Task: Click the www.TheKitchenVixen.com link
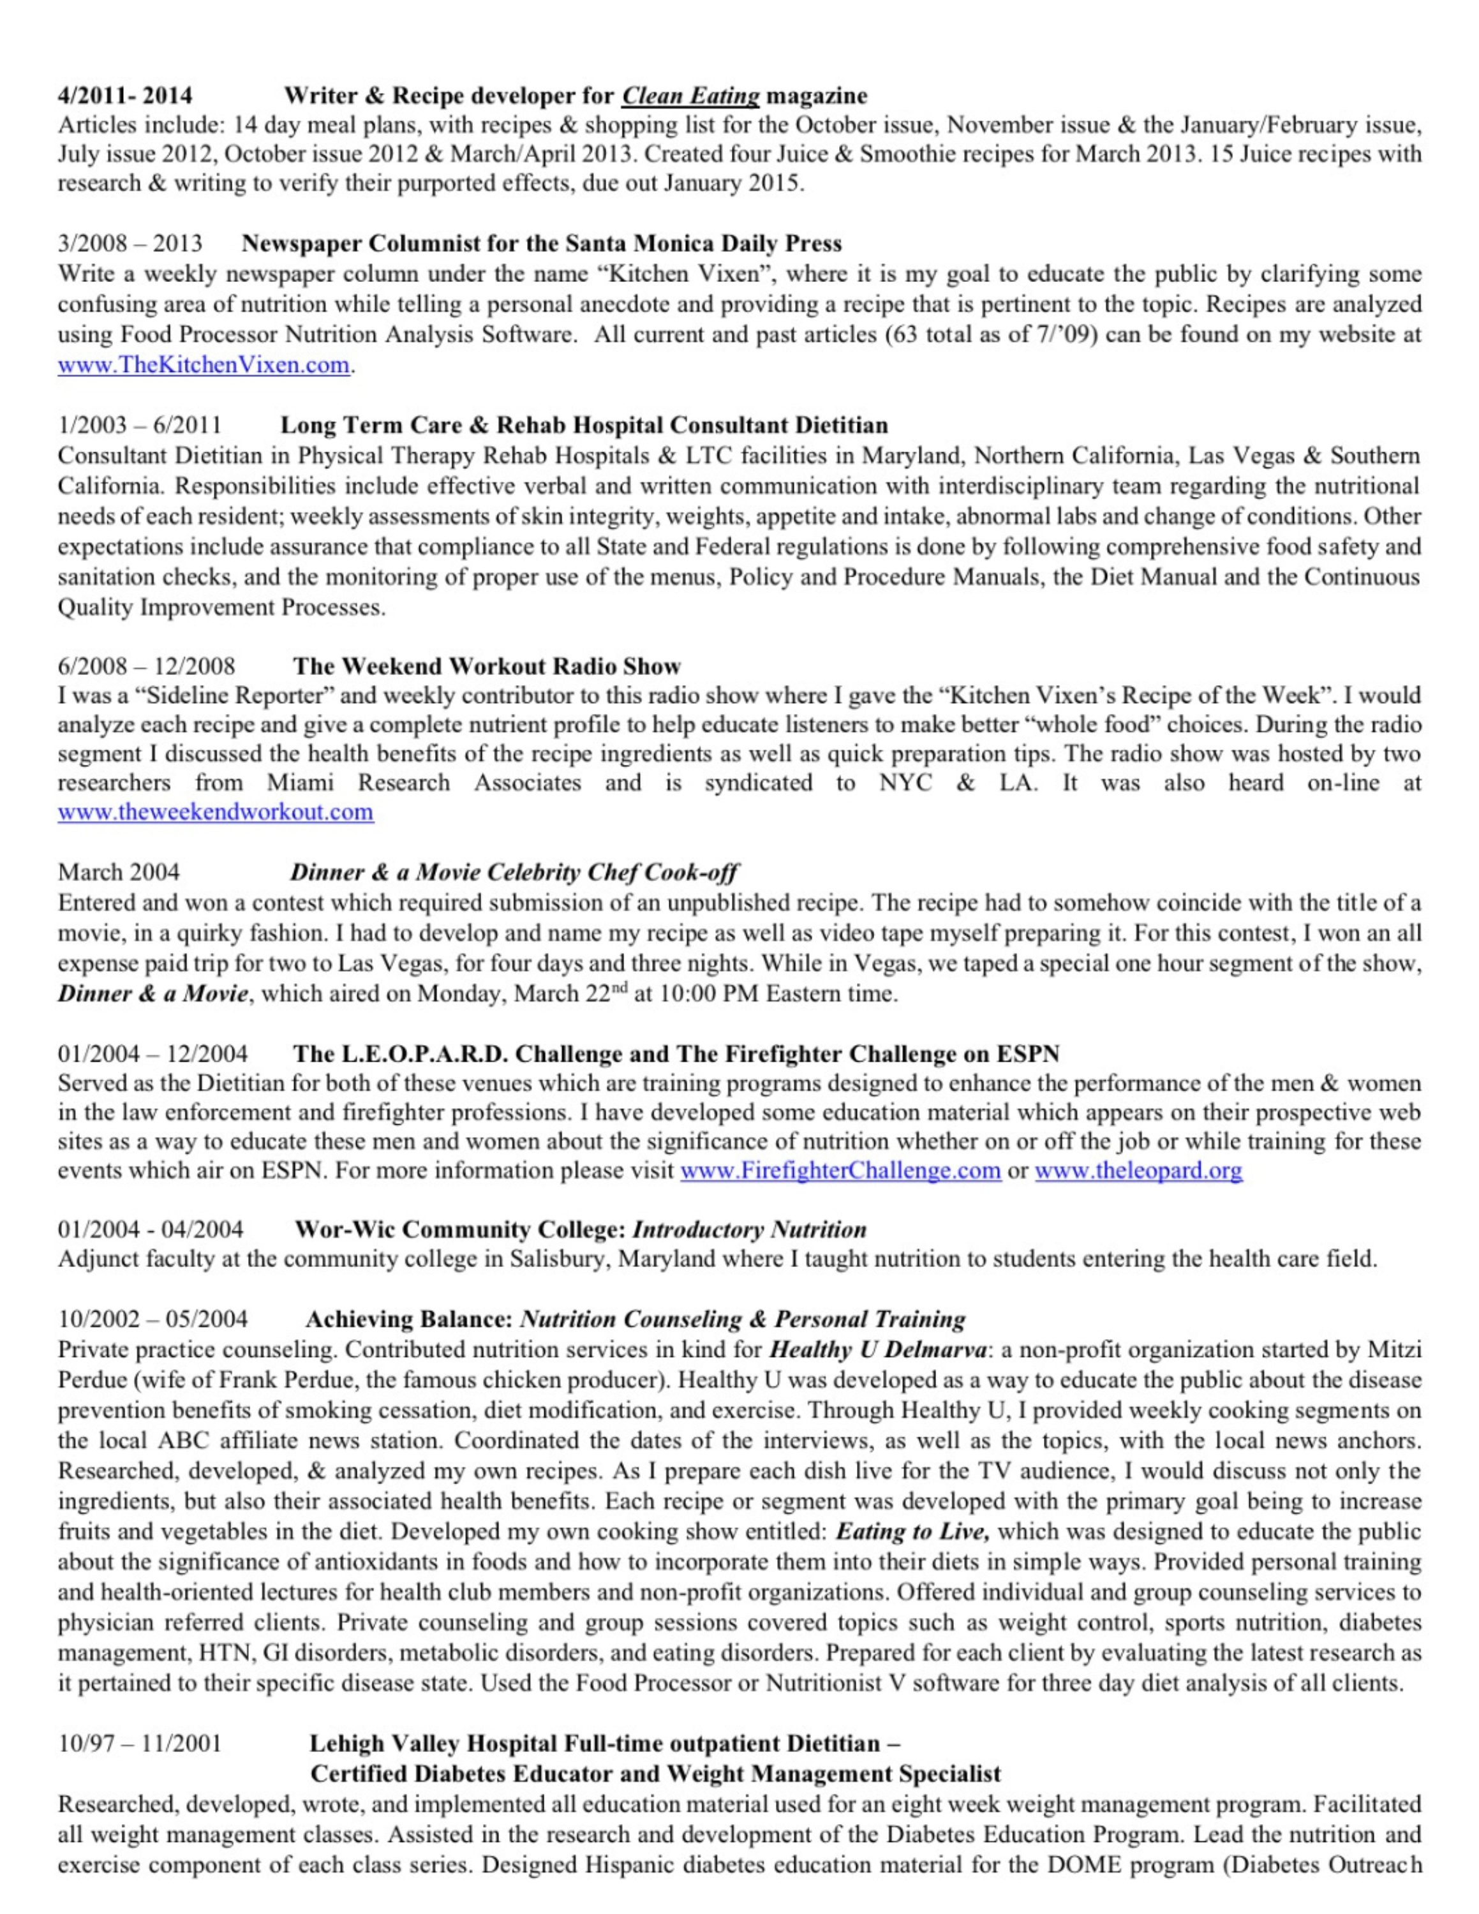tap(204, 366)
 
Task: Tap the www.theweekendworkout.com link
tap(216, 812)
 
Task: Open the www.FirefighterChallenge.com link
tap(840, 1171)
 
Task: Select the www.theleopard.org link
tap(1138, 1171)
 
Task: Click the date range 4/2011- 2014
tap(125, 96)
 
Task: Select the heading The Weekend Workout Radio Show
tap(487, 666)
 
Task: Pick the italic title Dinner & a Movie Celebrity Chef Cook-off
tap(514, 872)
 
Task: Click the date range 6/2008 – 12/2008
tap(146, 666)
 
